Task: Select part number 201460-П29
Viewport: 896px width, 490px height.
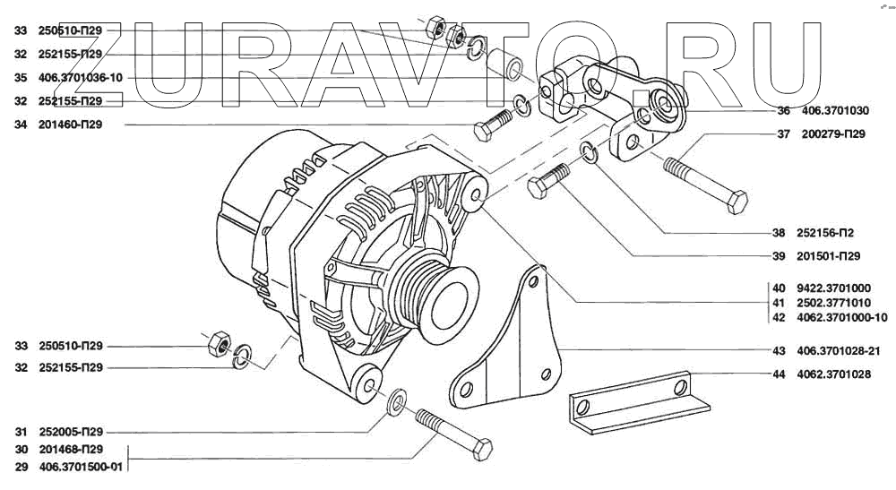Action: (x=70, y=125)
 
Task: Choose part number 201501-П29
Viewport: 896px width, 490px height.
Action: (x=828, y=255)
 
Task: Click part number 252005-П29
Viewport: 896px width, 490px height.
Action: (x=71, y=431)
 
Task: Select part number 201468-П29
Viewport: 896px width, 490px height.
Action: (x=71, y=449)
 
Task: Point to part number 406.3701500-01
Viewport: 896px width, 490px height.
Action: (x=81, y=468)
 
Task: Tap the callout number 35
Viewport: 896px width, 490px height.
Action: (x=21, y=78)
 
